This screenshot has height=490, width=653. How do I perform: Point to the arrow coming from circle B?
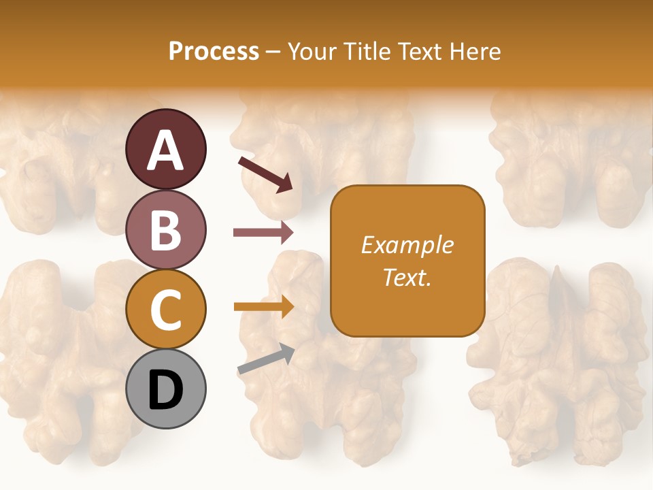263,233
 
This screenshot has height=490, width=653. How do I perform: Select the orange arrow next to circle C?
263,307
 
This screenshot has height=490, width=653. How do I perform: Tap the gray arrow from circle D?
266,359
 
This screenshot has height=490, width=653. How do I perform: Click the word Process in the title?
214,52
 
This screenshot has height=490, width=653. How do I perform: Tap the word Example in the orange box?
407,245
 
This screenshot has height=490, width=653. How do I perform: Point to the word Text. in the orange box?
407,277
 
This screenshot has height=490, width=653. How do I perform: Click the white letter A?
165,150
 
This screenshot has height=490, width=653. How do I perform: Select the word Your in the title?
313,52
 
